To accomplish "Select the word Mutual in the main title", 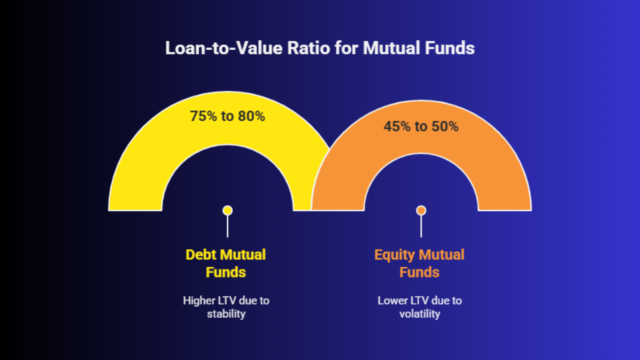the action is coord(392,48).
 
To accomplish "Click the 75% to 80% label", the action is coord(228,116).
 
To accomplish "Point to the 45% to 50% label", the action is coord(421,126).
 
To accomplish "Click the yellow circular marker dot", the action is coord(228,210).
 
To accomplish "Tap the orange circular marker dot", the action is coord(421,210).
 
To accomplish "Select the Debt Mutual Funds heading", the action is coord(226,263).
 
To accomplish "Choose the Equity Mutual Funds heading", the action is coord(420,263).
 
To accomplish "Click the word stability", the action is coord(226,314).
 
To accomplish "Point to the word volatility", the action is coord(420,314).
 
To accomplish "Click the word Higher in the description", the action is coord(199,301).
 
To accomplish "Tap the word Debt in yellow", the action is coord(201,254).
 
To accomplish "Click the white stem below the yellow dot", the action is coord(228,226).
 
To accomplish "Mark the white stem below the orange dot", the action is coord(421,226).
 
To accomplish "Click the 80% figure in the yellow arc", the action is coord(252,116).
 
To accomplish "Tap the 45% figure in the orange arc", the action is coord(397,126).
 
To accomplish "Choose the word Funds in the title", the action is coord(450,48).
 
